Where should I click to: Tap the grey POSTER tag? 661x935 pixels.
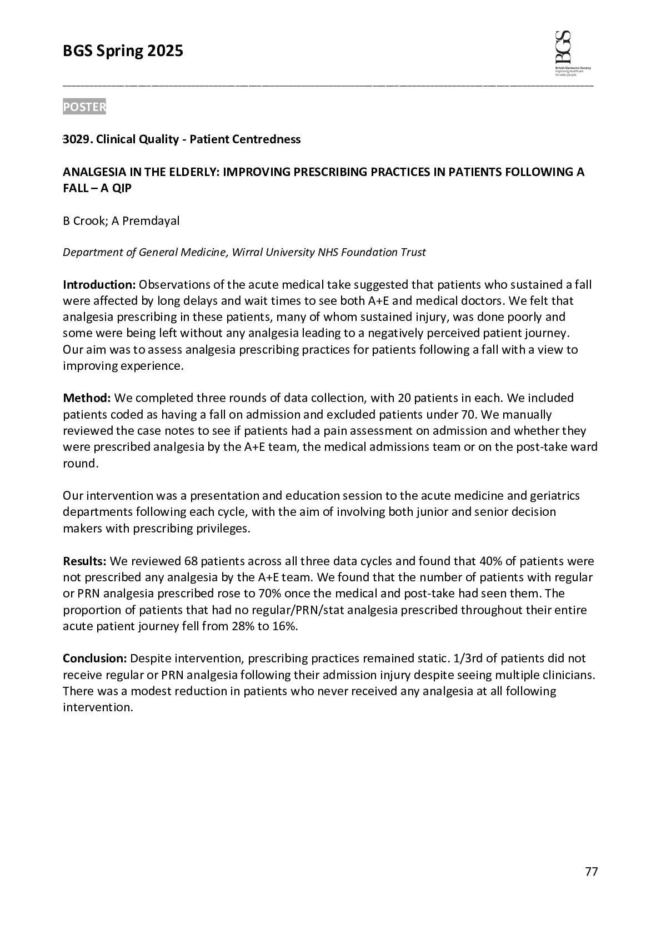[84, 107]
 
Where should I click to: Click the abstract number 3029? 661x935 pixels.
[77, 139]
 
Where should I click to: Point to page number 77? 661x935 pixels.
[591, 872]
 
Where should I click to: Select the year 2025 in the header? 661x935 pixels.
[165, 52]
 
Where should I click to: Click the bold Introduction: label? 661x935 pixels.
[99, 285]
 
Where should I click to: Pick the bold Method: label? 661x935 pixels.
[87, 398]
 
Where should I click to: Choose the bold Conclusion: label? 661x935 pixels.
[95, 658]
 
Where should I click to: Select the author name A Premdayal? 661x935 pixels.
[146, 221]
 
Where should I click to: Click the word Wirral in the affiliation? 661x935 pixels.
[248, 253]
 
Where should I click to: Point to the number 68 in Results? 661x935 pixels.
[191, 561]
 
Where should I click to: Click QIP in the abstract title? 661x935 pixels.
[121, 188]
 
